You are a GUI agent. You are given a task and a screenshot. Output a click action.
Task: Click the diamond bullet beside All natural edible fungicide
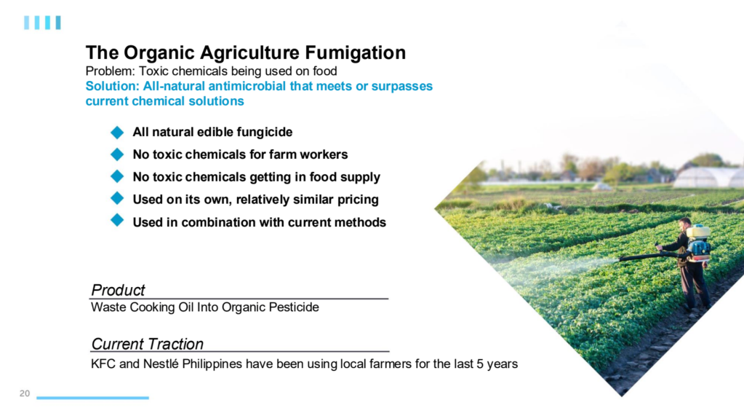117,132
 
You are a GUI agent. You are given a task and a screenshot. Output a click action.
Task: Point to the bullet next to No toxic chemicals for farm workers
117,154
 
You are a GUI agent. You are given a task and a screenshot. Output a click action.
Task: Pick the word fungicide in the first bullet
265,132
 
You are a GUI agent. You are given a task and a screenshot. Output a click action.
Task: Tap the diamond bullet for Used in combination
117,221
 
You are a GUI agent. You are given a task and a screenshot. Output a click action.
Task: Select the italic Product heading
118,290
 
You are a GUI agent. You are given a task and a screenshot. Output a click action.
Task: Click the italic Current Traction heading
147,344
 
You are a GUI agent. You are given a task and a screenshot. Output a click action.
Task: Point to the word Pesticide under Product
294,307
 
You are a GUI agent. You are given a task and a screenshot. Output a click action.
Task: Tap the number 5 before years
480,364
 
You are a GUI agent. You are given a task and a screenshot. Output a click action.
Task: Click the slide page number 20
25,393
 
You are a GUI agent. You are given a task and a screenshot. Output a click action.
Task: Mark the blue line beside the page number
92,398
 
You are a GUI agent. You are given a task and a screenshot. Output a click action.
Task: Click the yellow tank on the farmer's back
698,232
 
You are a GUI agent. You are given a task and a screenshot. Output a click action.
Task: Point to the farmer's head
684,224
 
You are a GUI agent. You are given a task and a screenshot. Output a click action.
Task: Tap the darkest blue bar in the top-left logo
58,23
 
